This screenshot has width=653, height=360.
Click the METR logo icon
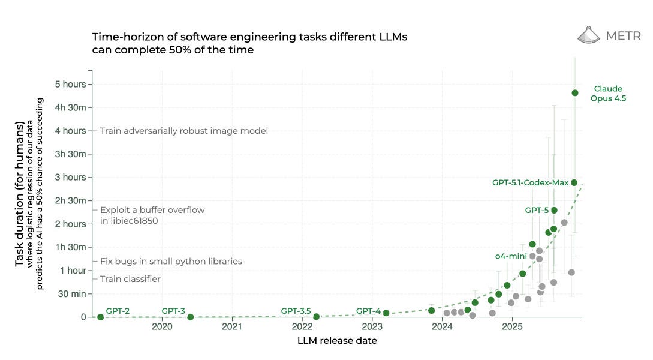589,36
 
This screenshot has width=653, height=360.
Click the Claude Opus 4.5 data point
574,93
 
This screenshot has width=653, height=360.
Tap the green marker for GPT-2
100,317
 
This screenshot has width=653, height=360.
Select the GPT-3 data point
190,317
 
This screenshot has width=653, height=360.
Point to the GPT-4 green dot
386,313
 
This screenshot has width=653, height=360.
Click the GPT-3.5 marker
316,316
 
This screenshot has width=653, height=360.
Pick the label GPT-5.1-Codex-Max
530,182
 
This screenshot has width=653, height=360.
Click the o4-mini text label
511,256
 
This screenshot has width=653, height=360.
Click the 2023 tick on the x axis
372,327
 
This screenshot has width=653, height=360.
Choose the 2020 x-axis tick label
162,327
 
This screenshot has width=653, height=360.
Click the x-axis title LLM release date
337,341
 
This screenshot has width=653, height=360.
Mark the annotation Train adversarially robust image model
183,131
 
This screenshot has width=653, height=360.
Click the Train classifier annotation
130,279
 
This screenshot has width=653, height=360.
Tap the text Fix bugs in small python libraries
171,262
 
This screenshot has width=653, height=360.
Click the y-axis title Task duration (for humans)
20,195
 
